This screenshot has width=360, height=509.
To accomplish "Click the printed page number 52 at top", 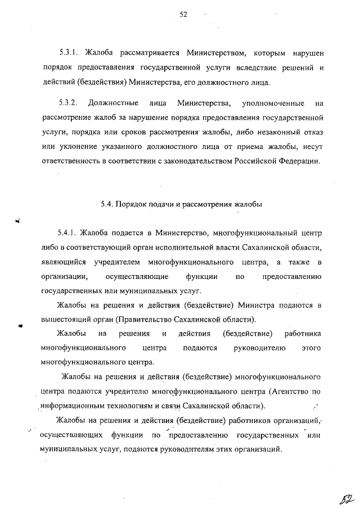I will [x=183, y=15].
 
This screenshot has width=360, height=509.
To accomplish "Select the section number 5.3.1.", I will [x=70, y=53].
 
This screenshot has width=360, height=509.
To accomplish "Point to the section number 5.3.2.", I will [x=70, y=103].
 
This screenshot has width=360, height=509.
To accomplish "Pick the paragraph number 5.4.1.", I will [x=67, y=232].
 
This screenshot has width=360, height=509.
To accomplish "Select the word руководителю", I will [x=259, y=349].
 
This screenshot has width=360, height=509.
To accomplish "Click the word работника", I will [x=303, y=335].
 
